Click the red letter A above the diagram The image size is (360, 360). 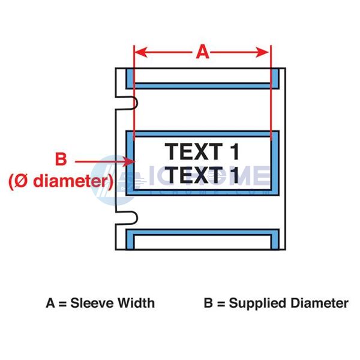203,52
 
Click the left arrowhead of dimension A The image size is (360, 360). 140,52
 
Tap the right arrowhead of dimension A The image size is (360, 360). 263,52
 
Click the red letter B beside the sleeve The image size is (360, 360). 61,159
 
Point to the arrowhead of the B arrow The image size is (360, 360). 129,161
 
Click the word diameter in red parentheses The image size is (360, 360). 71,181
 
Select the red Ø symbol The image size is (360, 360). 22,181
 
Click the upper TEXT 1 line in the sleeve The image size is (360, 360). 202,152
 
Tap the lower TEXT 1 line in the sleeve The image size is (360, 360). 202,175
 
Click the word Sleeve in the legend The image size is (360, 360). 91,303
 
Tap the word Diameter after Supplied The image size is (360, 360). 320,303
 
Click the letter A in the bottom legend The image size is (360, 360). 50,303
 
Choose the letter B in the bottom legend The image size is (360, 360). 208,303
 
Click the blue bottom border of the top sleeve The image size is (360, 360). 203,86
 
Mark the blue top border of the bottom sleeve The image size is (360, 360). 203,232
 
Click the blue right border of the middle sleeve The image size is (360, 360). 275,163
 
